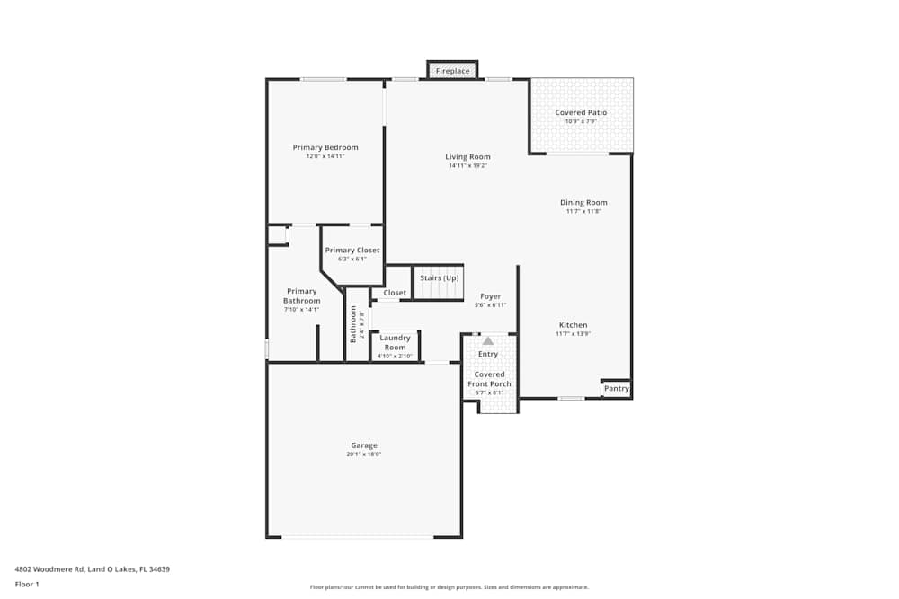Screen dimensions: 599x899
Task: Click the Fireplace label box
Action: [452, 71]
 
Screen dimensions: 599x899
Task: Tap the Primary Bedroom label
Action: [325, 147]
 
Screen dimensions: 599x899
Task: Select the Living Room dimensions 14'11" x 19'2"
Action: [467, 165]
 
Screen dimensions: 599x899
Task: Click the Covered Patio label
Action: [581, 112]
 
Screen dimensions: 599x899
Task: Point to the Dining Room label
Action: [583, 203]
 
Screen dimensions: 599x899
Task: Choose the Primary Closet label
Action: [352, 251]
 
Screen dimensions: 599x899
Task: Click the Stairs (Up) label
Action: [439, 278]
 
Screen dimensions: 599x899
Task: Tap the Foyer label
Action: [490, 296]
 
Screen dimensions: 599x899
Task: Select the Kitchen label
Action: [573, 325]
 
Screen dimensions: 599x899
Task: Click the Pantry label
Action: [616, 389]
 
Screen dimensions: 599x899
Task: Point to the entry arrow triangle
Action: [488, 341]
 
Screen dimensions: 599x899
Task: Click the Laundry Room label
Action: [395, 342]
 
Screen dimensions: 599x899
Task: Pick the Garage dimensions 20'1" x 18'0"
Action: [364, 454]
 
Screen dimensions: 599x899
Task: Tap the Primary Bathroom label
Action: [302, 295]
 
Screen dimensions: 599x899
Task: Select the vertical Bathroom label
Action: [353, 324]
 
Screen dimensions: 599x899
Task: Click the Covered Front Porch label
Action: [489, 379]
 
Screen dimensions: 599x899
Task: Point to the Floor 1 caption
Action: [27, 584]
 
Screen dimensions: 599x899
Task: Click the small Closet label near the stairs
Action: [395, 293]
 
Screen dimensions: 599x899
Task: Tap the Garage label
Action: [364, 445]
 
